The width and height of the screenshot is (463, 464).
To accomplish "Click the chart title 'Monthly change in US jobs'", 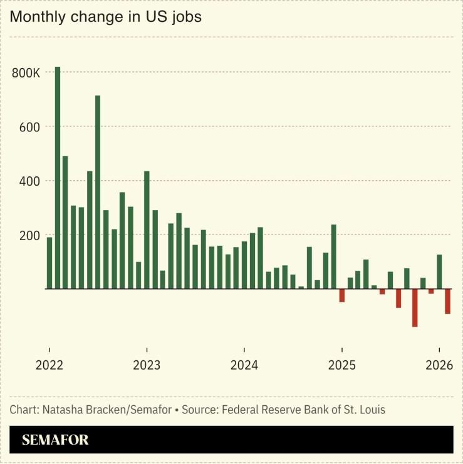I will (105, 17).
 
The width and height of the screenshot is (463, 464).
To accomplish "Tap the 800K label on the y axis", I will (26, 73).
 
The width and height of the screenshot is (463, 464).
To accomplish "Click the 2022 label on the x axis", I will (49, 365).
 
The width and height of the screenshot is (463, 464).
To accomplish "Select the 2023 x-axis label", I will (147, 365).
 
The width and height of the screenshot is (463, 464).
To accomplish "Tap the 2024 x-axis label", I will (244, 365).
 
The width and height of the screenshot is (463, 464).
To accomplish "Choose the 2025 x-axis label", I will (341, 365).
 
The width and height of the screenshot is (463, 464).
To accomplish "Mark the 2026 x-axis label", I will (439, 365).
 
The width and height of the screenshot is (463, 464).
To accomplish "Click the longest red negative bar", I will (415, 308).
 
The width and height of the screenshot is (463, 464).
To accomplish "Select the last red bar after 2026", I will (447, 301).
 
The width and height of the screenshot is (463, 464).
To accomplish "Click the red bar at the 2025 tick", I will (342, 295).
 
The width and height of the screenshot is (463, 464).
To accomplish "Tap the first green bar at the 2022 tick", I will (49, 263).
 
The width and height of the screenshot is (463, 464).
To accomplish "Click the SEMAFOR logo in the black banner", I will (55, 440).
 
